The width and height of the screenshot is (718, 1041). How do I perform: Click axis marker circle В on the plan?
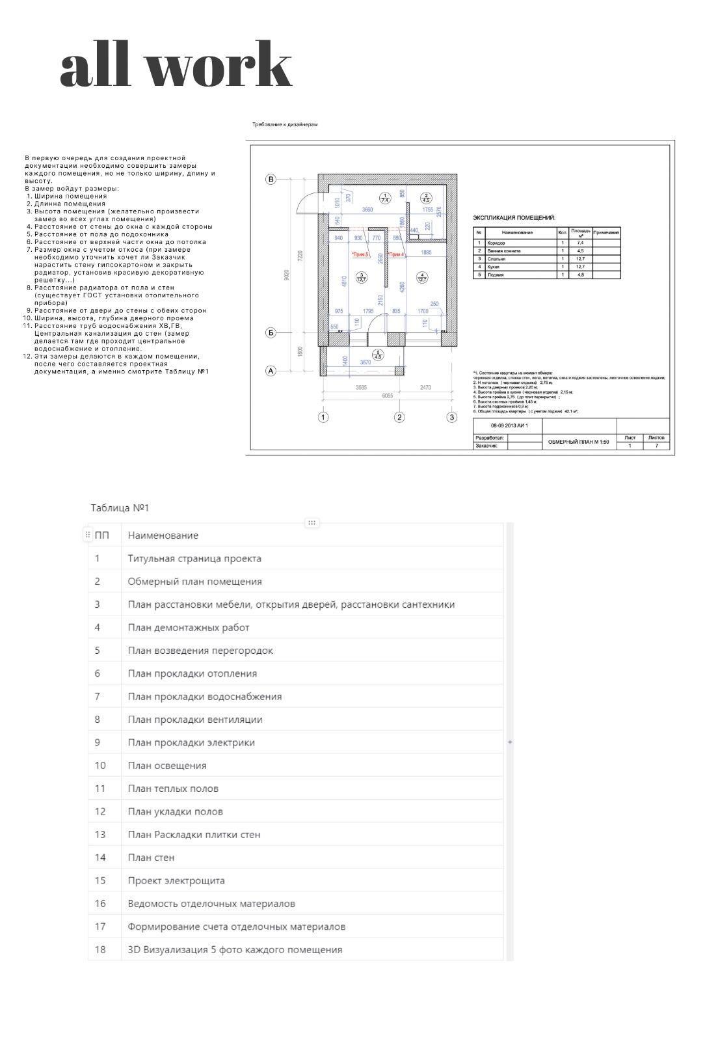(x=271, y=180)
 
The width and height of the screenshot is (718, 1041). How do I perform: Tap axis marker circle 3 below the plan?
(x=451, y=417)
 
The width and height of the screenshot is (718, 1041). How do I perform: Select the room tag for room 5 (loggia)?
(x=379, y=355)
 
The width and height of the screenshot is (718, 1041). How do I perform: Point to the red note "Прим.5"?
(x=360, y=254)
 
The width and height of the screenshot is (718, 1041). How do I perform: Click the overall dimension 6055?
(x=387, y=395)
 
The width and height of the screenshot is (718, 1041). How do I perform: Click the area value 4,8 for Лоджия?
(x=580, y=275)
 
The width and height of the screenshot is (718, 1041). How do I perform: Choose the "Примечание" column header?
(x=606, y=232)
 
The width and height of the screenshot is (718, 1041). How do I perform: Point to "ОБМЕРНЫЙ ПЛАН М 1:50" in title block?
(x=579, y=442)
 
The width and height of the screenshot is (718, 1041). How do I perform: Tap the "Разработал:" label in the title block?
(x=490, y=438)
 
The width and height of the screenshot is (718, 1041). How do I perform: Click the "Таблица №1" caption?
(x=120, y=507)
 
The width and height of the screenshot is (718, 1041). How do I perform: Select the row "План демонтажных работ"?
(x=189, y=627)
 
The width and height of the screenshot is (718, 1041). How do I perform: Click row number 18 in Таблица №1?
(x=100, y=949)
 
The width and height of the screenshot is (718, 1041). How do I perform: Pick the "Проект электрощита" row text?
(x=176, y=880)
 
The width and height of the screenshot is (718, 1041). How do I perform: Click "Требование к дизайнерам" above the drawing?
(x=285, y=124)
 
